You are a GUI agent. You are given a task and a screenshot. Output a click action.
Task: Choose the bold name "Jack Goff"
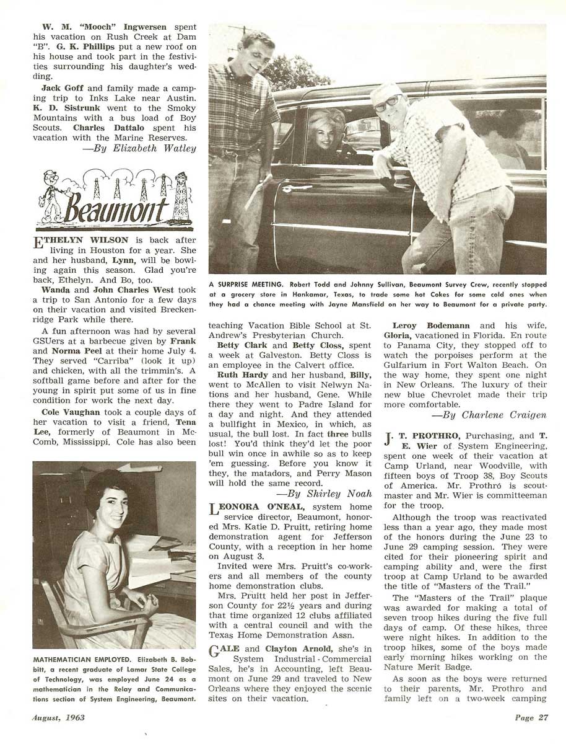point(60,88)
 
